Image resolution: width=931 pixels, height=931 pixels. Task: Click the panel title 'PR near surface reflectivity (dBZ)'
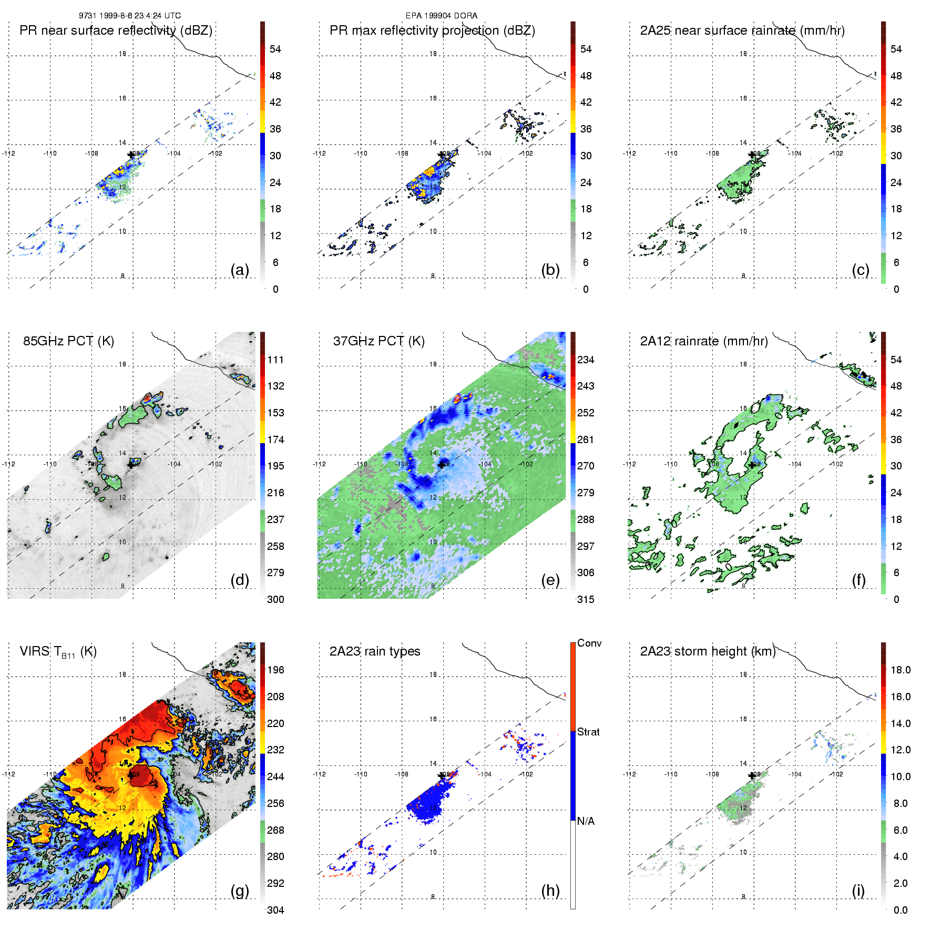click(116, 30)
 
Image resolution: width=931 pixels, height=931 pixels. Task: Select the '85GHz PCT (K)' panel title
click(68, 341)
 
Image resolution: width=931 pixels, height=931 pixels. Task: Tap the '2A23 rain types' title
click(375, 651)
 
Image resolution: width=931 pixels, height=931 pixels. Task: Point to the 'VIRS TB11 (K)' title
click(58, 652)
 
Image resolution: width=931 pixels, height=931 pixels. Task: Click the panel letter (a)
click(240, 270)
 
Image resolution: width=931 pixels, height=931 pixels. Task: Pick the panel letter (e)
click(550, 580)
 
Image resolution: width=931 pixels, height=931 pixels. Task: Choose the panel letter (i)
click(858, 891)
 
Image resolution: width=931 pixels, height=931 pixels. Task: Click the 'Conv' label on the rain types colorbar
click(589, 643)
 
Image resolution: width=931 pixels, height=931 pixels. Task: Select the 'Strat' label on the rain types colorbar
click(588, 732)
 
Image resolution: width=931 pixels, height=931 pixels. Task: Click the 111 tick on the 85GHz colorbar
click(275, 360)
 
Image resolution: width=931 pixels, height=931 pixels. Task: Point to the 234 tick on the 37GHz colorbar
click(586, 360)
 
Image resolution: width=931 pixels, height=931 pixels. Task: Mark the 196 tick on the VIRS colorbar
click(275, 670)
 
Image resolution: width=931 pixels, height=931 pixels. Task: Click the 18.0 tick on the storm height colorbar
click(901, 670)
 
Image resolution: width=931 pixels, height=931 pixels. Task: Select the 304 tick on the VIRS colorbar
click(275, 910)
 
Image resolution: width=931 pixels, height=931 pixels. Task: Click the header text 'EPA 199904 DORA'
click(442, 16)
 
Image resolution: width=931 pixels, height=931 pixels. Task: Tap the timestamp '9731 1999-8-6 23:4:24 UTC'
click(130, 16)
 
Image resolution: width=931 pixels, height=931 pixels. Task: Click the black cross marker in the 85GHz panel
click(131, 464)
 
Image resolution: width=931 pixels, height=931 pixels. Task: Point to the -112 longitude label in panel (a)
click(8, 154)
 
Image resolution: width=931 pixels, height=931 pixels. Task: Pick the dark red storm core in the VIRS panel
click(140, 775)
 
